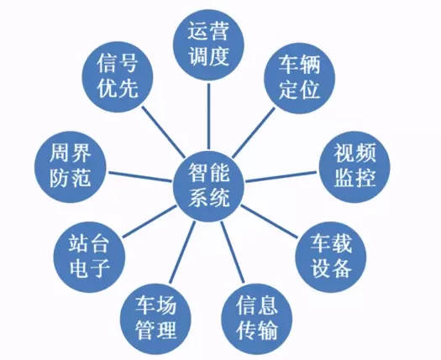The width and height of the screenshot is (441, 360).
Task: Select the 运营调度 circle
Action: point(208,45)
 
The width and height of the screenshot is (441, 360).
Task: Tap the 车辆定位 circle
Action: point(300,78)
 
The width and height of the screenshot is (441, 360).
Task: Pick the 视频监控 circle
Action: point(355,167)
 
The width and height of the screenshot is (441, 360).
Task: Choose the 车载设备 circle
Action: point(331,257)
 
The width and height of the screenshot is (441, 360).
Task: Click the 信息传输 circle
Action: point(257,319)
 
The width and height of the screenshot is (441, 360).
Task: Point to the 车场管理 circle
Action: point(155,319)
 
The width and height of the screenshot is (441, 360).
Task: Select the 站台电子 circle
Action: point(89,257)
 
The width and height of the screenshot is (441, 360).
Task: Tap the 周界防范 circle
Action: point(71,167)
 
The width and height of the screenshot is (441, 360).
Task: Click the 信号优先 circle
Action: point(118,77)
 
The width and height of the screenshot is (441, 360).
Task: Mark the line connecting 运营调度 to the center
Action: point(208,116)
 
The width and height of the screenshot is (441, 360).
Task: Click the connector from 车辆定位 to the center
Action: point(254,133)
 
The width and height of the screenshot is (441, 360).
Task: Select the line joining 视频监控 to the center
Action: point(281,177)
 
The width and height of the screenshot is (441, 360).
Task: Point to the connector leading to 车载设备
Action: point(269,222)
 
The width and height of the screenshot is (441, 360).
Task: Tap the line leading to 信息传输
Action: point(233,253)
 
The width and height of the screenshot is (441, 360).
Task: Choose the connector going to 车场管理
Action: point(182,253)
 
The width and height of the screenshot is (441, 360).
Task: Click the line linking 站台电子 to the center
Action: point(150,222)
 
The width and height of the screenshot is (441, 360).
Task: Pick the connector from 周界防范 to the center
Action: point(140,177)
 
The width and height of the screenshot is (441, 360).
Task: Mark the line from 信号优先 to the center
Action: point(164,132)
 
